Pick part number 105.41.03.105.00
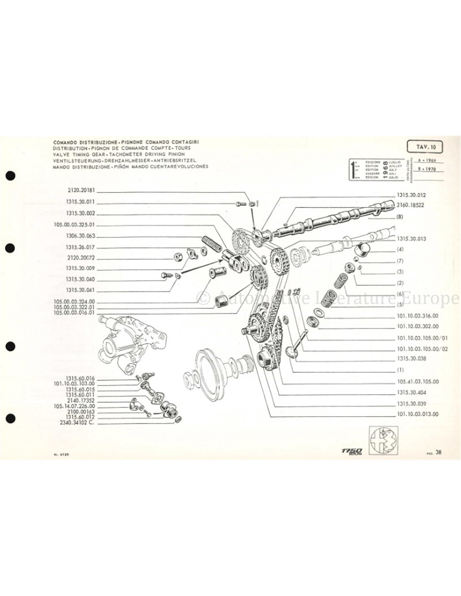(417, 382)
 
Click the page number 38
(438, 452)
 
